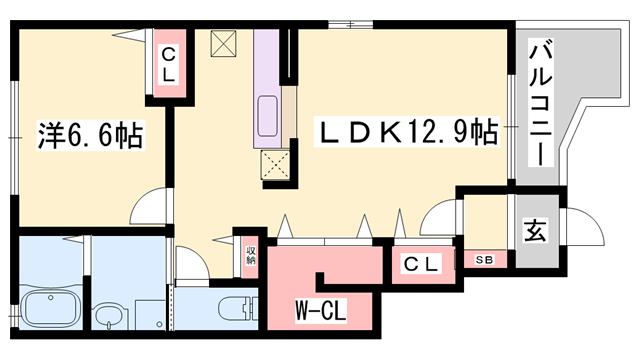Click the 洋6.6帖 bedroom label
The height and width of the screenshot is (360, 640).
[90, 133]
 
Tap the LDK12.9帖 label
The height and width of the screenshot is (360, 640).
[408, 131]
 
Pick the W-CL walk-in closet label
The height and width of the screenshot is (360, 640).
[320, 311]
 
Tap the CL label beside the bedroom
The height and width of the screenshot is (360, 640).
[167, 62]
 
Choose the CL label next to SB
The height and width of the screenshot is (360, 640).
[421, 263]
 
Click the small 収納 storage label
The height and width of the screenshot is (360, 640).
[248, 253]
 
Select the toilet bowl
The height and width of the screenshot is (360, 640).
[236, 308]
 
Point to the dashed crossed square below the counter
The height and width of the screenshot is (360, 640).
[274, 165]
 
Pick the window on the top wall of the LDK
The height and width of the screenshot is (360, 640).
[359, 22]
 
